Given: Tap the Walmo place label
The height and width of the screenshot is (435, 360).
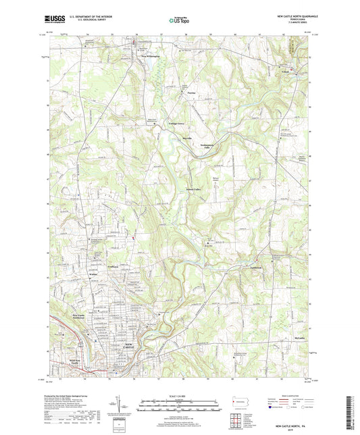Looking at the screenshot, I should [93, 275].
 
